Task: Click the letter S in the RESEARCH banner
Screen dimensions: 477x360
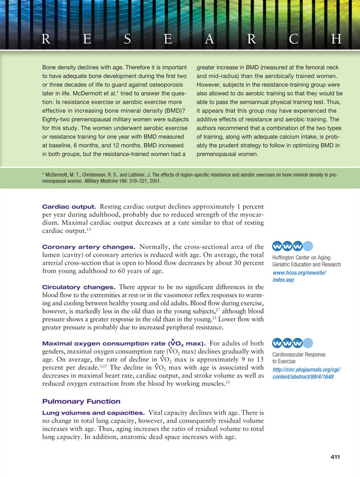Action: coord(128,39)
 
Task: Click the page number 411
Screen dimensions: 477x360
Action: coord(334,457)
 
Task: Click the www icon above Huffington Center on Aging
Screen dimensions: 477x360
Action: coord(287,246)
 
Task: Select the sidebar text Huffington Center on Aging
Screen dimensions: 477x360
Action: coord(303,257)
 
